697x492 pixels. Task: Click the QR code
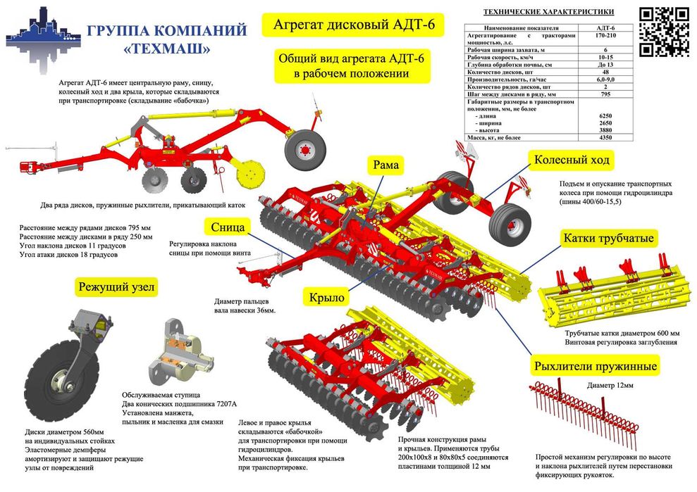click(663, 32)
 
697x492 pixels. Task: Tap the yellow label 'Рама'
click(386, 165)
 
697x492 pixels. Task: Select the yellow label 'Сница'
click(228, 227)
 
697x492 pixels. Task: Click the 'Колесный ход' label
click(570, 160)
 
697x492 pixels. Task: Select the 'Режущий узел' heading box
click(118, 286)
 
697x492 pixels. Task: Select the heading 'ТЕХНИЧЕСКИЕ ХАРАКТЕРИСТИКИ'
click(548, 11)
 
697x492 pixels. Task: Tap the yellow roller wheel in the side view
click(251, 172)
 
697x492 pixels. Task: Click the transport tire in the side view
click(306, 149)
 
